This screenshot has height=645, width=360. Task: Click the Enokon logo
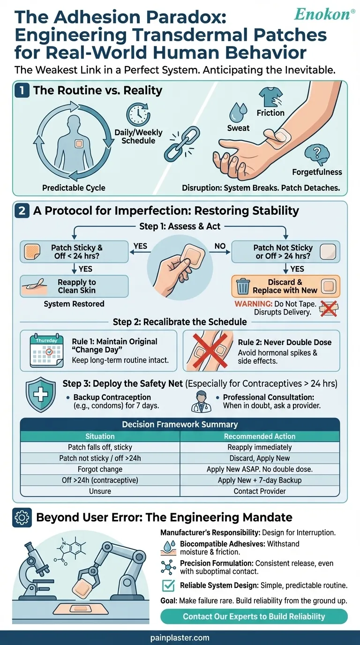click(324, 14)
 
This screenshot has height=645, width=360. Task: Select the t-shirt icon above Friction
click(270, 97)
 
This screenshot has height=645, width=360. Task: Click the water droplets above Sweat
click(238, 112)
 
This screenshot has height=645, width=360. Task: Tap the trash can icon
click(243, 286)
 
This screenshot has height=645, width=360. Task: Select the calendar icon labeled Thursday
click(47, 350)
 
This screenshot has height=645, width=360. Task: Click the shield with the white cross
click(41, 395)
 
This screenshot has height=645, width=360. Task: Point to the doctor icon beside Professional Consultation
click(201, 401)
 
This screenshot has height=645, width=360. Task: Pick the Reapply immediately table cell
click(260, 447)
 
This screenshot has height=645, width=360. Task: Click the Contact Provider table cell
click(260, 491)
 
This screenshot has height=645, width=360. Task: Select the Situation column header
click(100, 436)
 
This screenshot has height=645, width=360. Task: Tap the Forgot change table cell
click(100, 469)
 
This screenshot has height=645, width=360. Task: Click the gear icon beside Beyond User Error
click(22, 517)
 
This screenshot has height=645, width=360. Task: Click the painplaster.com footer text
click(180, 638)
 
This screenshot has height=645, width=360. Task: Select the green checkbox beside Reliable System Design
click(168, 585)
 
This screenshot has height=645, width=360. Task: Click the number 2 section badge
click(22, 211)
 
